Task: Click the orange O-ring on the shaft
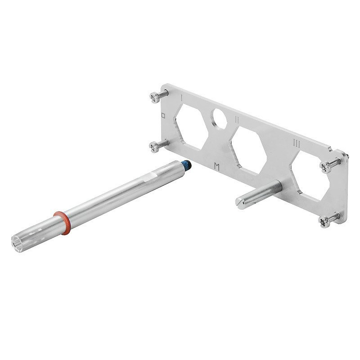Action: point(62,221)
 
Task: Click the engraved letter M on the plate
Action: point(218,166)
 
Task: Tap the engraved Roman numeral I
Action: point(181,97)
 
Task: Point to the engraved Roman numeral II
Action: point(236,119)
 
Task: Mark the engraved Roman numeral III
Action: point(297,143)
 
